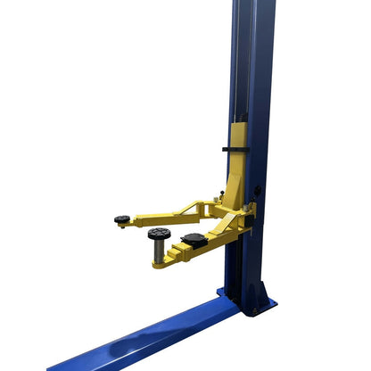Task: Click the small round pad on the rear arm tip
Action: tap(122, 218)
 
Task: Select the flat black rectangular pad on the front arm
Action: tap(194, 238)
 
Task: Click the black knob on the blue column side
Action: tap(259, 191)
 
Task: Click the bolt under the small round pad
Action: tap(123, 226)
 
